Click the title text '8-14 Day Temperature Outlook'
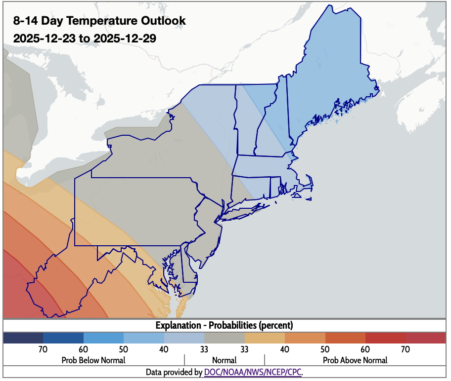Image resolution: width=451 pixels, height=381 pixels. (99, 21)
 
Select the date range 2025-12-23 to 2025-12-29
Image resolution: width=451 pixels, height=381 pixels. (85, 38)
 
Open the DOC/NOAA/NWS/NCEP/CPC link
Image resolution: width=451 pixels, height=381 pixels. (253, 372)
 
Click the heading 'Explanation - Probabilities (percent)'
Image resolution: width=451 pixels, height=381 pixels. (225, 325)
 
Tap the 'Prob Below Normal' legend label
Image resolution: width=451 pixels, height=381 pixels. (93, 360)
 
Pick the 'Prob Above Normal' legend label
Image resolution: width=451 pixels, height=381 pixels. (355, 360)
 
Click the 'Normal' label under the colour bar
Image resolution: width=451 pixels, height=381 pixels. (225, 360)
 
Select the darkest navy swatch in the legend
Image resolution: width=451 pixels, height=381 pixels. (23, 338)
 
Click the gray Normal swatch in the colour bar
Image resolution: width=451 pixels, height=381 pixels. (225, 338)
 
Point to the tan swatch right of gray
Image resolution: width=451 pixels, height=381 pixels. (265, 338)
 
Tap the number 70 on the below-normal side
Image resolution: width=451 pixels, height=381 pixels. (43, 349)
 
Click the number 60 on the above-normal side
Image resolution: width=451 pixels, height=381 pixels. (365, 349)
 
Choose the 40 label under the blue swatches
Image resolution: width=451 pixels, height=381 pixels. (164, 349)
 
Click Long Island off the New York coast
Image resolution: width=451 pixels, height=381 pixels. (245, 210)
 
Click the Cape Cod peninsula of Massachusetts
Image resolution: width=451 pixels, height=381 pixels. (307, 188)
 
